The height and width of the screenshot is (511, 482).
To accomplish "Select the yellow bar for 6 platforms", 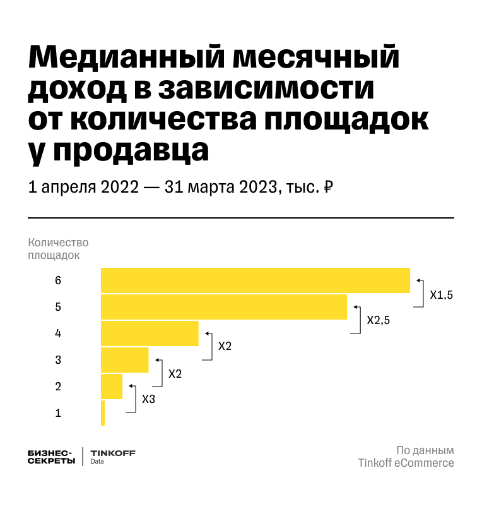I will [256, 280].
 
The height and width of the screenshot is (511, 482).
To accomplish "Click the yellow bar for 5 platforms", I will [224, 307].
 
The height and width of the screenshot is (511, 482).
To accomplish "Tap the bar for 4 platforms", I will [150, 334].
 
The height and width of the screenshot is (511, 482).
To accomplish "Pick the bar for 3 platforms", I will [125, 360].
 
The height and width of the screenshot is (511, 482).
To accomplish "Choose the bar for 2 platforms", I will [112, 387].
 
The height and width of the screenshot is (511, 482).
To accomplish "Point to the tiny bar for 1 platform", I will [103, 413].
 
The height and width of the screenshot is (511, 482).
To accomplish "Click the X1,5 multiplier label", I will [442, 294].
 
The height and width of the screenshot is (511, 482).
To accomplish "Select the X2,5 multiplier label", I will [379, 320].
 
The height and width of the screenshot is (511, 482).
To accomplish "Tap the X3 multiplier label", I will [148, 400].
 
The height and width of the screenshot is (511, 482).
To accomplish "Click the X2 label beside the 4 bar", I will [225, 347].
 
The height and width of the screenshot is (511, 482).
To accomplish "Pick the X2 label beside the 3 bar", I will [175, 373].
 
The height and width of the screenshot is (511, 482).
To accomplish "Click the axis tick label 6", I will [58, 280].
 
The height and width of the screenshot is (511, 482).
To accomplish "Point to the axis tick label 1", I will [58, 413].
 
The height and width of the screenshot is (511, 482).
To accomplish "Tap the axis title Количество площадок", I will [57, 249].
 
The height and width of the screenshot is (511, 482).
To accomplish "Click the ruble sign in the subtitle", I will [328, 188].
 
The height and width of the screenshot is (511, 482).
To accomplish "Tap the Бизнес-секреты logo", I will [50, 457].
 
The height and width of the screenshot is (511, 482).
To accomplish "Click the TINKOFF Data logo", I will [112, 457].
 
